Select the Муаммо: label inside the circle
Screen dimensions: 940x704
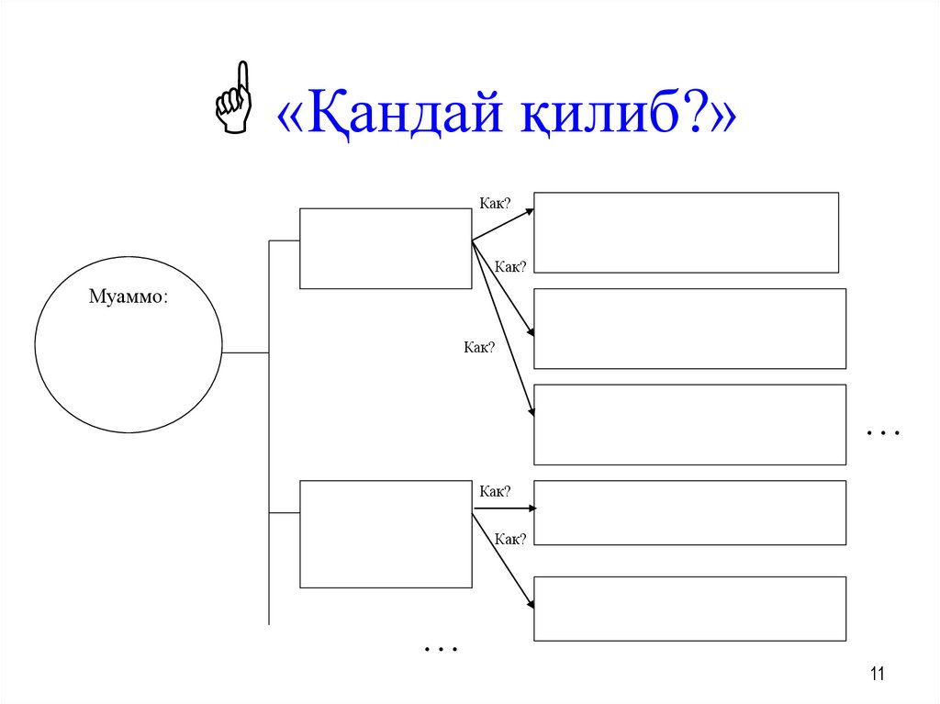click(x=128, y=296)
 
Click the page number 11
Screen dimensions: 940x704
click(x=877, y=676)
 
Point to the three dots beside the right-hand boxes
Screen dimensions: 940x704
click(x=882, y=431)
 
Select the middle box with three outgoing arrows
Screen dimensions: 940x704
click(x=386, y=248)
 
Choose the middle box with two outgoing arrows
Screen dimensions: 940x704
click(x=386, y=534)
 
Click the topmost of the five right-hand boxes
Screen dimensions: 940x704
click(x=686, y=232)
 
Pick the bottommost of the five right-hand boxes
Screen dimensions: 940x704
click(x=689, y=609)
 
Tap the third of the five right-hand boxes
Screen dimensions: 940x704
click(x=689, y=424)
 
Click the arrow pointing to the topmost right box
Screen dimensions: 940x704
click(x=503, y=225)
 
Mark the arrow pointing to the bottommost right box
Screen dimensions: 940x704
click(x=503, y=559)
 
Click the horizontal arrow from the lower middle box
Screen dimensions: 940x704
click(x=503, y=508)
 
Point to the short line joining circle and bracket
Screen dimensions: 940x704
click(x=245, y=352)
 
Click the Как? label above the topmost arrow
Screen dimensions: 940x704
click(x=494, y=203)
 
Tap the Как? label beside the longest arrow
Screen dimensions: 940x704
click(x=479, y=347)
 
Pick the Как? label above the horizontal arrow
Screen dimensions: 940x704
click(x=494, y=492)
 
